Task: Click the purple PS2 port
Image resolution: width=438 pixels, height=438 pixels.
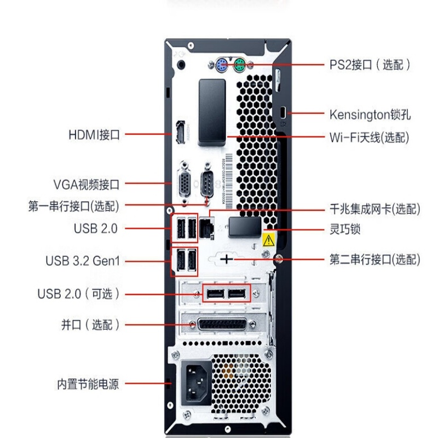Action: point(221,65)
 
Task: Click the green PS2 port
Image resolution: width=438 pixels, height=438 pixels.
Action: point(239,65)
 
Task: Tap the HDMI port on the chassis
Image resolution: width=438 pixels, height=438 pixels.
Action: point(181,132)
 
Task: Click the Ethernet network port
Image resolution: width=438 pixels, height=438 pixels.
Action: point(206,228)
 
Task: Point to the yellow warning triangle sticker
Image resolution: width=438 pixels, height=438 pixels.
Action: point(268,240)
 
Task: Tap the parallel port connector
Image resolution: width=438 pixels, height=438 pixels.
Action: point(222,325)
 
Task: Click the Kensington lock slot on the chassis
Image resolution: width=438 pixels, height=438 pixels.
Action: point(283,113)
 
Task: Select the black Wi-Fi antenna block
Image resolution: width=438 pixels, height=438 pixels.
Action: point(212,112)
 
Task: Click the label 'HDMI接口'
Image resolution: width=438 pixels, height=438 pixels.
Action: point(94,135)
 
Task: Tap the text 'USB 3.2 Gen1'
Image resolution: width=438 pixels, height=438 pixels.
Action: point(83,261)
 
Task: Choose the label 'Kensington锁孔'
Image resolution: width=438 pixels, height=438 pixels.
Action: point(370,114)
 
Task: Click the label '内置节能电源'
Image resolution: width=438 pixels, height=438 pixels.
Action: point(88,384)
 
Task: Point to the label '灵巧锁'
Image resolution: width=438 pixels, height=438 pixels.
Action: point(345,229)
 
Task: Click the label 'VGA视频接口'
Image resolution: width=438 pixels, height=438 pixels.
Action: point(87,185)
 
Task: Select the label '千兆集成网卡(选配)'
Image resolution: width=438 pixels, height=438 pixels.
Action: point(375,209)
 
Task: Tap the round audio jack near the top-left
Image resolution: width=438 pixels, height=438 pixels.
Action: point(182,65)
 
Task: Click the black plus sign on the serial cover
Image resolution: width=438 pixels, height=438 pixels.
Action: point(226,259)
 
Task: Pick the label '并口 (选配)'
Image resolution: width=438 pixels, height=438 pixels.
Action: point(90,325)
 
